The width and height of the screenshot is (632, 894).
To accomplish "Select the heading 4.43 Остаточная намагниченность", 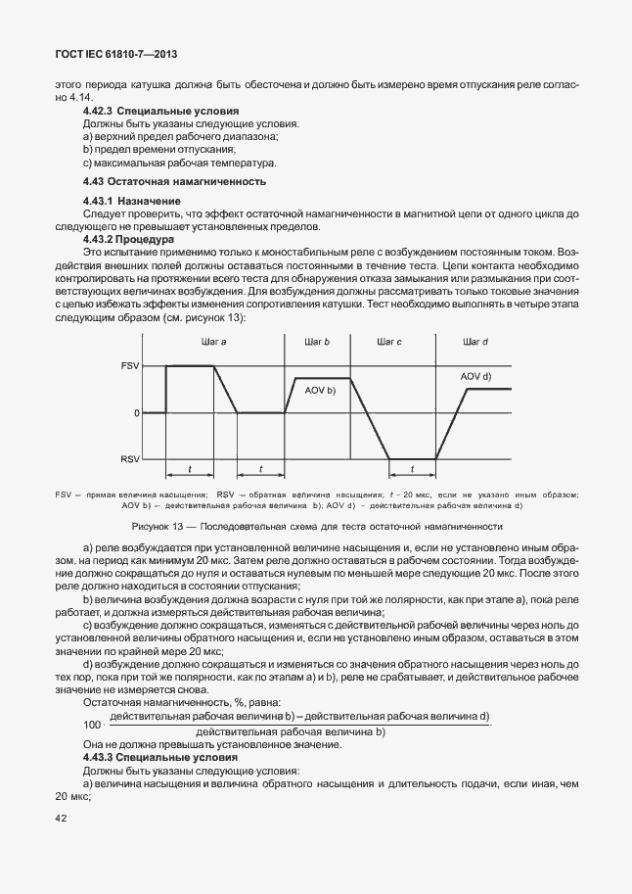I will tap(174, 182).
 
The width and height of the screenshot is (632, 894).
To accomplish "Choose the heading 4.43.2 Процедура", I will tap(128, 238).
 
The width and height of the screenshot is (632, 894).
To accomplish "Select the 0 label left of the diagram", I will tap(136, 413).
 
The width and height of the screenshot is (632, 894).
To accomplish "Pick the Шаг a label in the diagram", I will tap(213, 342).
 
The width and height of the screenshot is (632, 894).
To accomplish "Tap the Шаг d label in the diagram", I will tap(474, 342).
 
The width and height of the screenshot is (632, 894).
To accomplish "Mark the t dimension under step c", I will tap(412, 468).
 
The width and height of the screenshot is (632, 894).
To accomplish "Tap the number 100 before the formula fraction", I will tap(93, 725).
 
